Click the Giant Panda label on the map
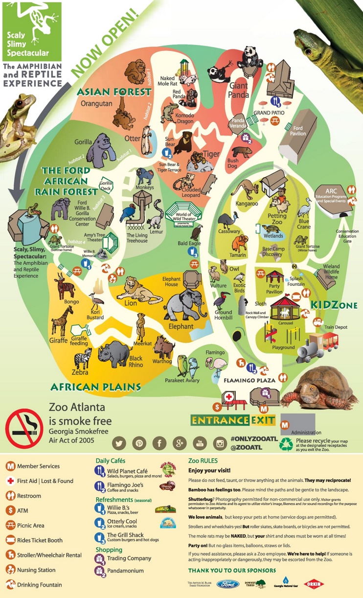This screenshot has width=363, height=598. (239, 90)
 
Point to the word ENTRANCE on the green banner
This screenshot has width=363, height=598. (221, 420)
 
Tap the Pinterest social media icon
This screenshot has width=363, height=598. (139, 443)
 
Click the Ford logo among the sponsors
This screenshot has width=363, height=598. (228, 584)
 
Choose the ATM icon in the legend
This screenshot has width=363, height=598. (10, 510)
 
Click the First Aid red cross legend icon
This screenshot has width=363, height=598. (10, 481)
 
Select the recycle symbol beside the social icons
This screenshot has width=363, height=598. (286, 444)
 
